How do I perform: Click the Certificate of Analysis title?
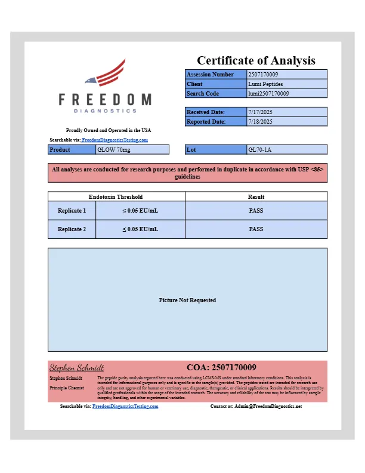[x=256, y=60]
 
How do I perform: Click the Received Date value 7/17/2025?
[x=260, y=112]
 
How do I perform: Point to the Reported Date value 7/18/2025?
[x=260, y=121]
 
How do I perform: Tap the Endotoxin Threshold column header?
[x=116, y=196]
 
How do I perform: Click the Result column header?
[x=256, y=196]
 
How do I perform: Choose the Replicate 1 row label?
[x=72, y=211]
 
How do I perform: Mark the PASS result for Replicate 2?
[x=256, y=229]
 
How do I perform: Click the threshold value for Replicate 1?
[x=140, y=211]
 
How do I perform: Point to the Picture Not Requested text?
[x=187, y=300]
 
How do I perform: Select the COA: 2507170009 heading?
[x=221, y=367]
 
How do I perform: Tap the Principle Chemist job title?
[x=67, y=388]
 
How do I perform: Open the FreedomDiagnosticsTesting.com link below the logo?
[x=115, y=140]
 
